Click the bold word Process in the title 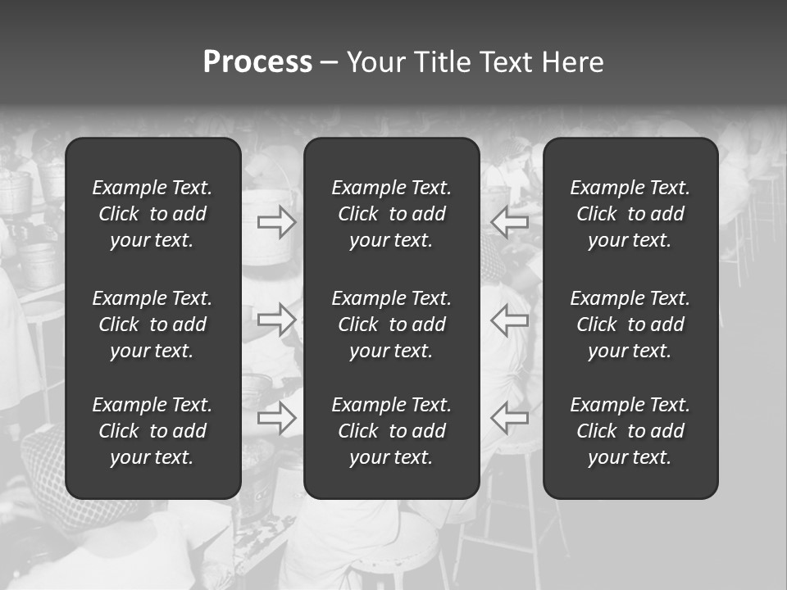click(257, 62)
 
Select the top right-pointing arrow click(277, 222)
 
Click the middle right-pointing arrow click(277, 320)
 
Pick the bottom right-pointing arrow click(277, 417)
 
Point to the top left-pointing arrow click(509, 222)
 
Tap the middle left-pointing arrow click(509, 320)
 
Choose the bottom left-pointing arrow click(509, 417)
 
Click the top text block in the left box click(152, 214)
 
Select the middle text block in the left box click(152, 324)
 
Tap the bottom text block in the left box click(152, 431)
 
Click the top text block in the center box click(392, 214)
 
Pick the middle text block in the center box click(392, 324)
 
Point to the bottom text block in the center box click(392, 431)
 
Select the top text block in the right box click(630, 214)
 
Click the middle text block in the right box click(630, 324)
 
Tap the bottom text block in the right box click(630, 431)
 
